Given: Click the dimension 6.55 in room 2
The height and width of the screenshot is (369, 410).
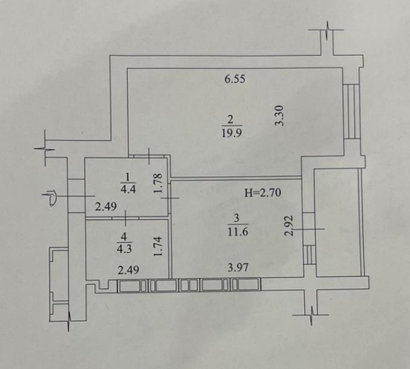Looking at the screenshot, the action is tap(235, 79).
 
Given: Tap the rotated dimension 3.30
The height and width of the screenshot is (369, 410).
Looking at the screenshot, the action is tap(279, 116).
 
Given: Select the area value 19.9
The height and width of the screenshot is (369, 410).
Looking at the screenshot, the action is tap(232, 133).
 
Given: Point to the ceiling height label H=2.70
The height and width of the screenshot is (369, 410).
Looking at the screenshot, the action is tap(263, 193).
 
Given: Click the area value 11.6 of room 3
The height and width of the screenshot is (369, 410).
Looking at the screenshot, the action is tap(238, 232).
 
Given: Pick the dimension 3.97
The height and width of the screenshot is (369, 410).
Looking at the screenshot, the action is tap(238, 267).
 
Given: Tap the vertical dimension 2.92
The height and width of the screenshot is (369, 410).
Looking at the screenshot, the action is tap(289, 226).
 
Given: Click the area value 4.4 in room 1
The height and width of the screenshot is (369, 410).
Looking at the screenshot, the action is tap(128, 189).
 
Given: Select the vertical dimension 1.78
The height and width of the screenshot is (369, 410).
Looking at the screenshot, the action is tap(158, 183).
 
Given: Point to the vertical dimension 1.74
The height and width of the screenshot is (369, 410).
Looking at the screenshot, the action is tap(158, 246).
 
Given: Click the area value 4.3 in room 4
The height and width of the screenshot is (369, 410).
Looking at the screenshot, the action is tap(124, 249).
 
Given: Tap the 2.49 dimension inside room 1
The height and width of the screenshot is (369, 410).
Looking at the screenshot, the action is tap(106, 207).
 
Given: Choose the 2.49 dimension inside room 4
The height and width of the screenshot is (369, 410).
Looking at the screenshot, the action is tap(128, 270).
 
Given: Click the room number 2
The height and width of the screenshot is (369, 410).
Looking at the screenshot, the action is tap(230, 120).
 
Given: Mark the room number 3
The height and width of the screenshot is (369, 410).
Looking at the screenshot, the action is tap(236, 218).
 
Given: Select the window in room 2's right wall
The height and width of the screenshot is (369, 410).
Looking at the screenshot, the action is tap(351, 111).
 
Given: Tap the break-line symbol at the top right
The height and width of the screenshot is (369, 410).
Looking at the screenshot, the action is tap(327, 30).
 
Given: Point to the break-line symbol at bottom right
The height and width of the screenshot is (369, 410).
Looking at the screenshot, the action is tap(311, 315).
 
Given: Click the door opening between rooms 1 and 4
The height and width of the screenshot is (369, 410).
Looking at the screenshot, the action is tap(126, 218).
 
